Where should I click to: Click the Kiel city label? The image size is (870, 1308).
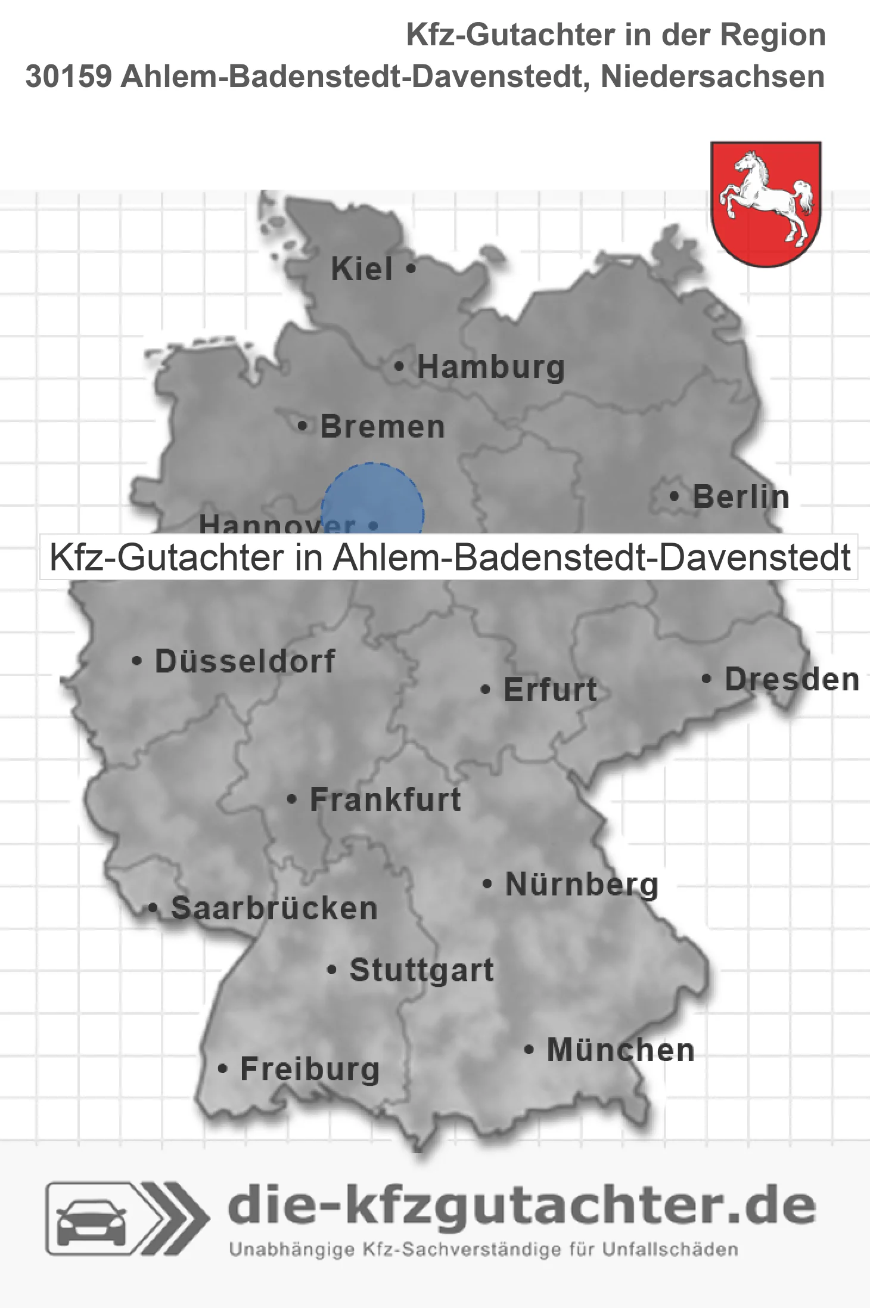tap(362, 269)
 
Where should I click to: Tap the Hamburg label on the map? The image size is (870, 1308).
tap(490, 367)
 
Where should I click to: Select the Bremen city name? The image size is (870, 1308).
tap(383, 427)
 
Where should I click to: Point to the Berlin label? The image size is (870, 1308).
tap(741, 497)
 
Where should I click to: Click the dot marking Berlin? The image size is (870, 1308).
tap(674, 496)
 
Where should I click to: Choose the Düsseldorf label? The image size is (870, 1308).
tap(245, 661)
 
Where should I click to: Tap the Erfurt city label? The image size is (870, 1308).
tap(550, 690)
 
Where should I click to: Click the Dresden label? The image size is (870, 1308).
tap(792, 680)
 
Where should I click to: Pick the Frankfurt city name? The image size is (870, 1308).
tap(386, 799)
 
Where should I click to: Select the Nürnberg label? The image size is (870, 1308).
tap(582, 884)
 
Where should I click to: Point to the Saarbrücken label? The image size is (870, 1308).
tap(274, 909)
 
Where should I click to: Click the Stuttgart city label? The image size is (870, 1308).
tap(421, 970)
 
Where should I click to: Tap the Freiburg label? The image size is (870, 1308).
tap(310, 1070)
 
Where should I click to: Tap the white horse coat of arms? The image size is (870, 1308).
tap(766, 203)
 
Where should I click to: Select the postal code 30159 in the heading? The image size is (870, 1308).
tap(68, 77)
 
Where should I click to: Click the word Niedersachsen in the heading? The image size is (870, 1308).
tap(713, 77)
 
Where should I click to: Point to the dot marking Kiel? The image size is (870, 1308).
tap(411, 269)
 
